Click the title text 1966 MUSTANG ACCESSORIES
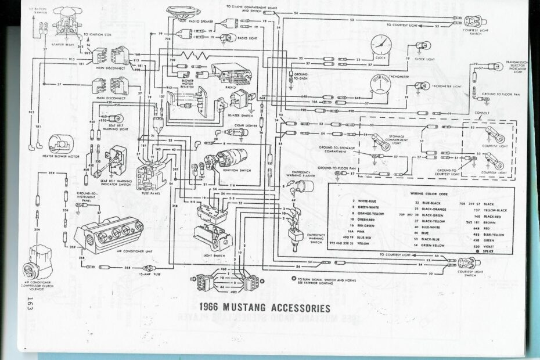[256, 307]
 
